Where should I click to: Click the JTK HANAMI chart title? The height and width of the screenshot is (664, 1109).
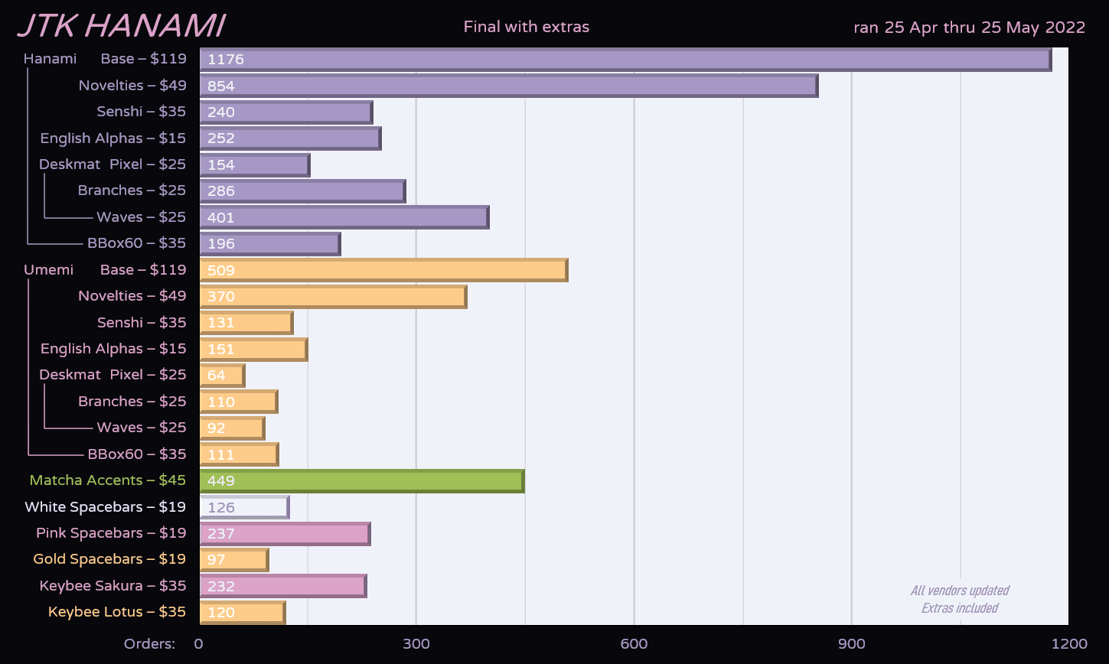click(121, 26)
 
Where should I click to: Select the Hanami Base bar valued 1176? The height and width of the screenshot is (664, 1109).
click(625, 60)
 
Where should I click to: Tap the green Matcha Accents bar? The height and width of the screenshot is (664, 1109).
click(361, 481)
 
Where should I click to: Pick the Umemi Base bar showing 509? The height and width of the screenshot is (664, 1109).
click(383, 270)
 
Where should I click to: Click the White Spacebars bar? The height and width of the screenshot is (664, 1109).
click(244, 507)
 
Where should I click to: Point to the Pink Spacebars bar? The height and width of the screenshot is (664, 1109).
click(285, 533)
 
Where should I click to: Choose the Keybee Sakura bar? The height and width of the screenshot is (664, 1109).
click(283, 586)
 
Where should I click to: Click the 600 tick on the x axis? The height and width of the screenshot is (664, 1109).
click(634, 644)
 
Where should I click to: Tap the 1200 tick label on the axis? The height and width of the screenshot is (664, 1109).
click(1069, 644)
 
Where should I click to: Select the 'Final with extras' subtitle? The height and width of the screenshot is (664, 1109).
click(527, 28)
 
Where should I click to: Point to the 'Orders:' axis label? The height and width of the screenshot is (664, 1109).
click(149, 644)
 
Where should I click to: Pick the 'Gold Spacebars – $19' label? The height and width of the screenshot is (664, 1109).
click(109, 559)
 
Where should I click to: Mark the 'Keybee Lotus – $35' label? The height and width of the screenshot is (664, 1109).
click(117, 612)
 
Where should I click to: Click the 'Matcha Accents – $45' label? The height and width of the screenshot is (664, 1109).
click(108, 480)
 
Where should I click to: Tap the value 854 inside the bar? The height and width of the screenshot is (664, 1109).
click(221, 86)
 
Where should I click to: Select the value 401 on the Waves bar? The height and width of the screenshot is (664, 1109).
click(221, 218)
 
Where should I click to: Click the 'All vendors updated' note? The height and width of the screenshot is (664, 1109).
click(960, 591)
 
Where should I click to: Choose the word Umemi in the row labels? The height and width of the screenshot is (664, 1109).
click(49, 270)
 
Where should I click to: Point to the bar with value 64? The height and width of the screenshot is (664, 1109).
click(222, 376)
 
